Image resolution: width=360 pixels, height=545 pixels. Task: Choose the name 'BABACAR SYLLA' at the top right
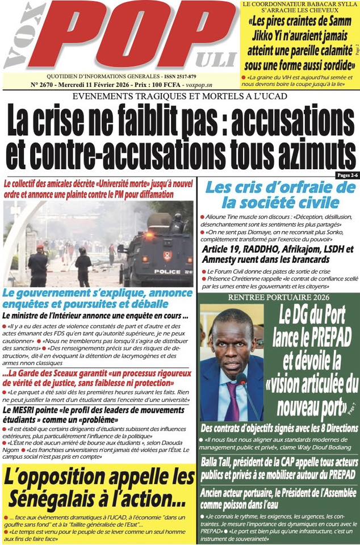[x=324, y=5]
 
